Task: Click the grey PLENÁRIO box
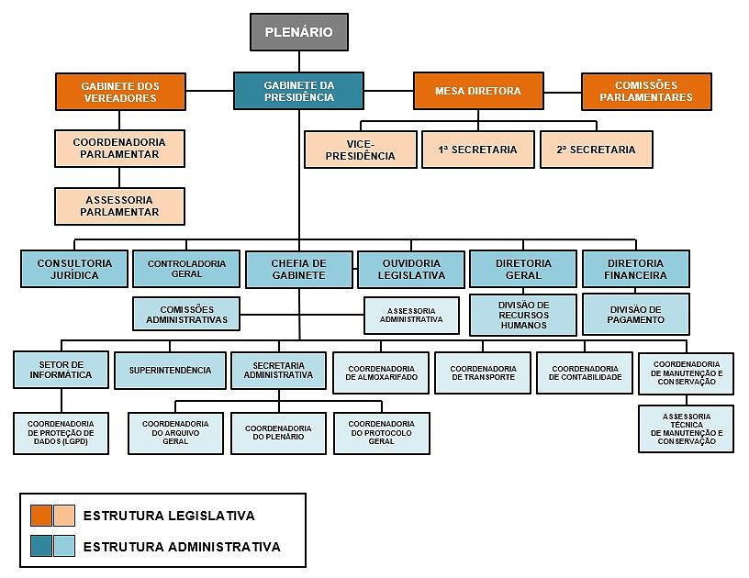coord(299,32)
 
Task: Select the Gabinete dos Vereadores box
coord(119,92)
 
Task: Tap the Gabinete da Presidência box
coord(298,92)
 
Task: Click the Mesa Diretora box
coord(477,91)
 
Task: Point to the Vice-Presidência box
coord(360,150)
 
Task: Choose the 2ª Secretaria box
coord(596,150)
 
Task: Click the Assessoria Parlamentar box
coord(119,206)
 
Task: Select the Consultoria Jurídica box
coord(74,269)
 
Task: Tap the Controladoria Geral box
coord(186,269)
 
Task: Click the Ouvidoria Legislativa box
coord(412,269)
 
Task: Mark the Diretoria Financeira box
coord(635,269)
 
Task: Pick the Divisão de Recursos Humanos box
coord(523,315)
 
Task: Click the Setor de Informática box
coord(62,370)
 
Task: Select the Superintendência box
coord(170,371)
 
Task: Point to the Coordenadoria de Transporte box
coord(483,372)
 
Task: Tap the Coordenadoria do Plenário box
coord(278,433)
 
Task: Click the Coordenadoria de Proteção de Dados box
coord(62,433)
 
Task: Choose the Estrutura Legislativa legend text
coord(169,516)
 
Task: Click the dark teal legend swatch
coord(40,547)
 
